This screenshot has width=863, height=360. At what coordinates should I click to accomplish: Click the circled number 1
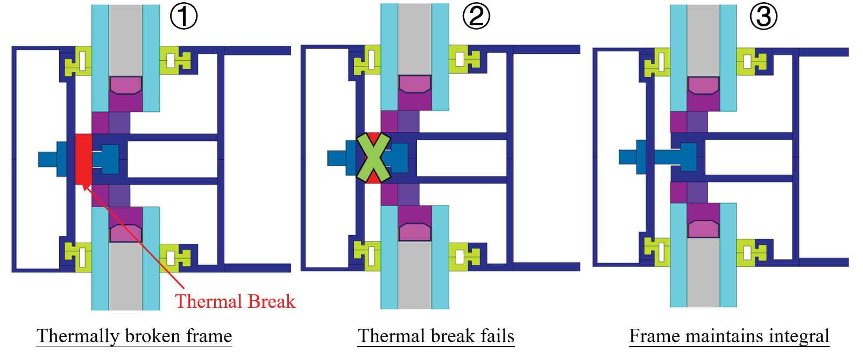[184, 17]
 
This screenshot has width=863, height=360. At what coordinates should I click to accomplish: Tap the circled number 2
[476, 17]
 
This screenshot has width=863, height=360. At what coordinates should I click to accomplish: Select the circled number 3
[763, 17]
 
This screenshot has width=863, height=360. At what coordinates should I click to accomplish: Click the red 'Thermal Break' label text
[235, 301]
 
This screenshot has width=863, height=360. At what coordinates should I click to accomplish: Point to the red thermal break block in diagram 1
[83, 159]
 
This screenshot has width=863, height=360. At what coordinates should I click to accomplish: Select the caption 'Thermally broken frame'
[134, 336]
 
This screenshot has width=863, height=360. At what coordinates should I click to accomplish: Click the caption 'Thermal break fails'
[436, 336]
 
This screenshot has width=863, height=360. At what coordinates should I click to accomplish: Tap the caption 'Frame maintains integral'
[729, 336]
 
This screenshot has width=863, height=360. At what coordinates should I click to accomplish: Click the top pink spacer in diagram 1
[125, 84]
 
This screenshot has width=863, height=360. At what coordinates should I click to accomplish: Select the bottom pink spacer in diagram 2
[415, 232]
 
